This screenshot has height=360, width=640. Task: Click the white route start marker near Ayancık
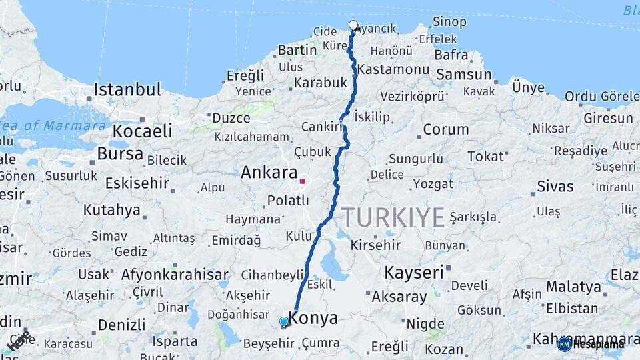click(353, 25)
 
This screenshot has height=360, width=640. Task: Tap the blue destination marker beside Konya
click(284, 322)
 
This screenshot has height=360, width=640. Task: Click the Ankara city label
click(269, 173)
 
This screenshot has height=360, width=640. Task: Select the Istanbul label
click(127, 89)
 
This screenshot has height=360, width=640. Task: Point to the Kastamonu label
click(393, 69)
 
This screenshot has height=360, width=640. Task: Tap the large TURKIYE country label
click(393, 217)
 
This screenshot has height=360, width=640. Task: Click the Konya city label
click(313, 319)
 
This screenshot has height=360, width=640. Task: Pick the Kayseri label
click(414, 272)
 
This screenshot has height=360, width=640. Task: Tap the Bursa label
click(120, 154)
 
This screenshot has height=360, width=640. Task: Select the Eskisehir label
click(137, 182)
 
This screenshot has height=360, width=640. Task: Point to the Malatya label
click(573, 287)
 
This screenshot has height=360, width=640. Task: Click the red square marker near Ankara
click(302, 180)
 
